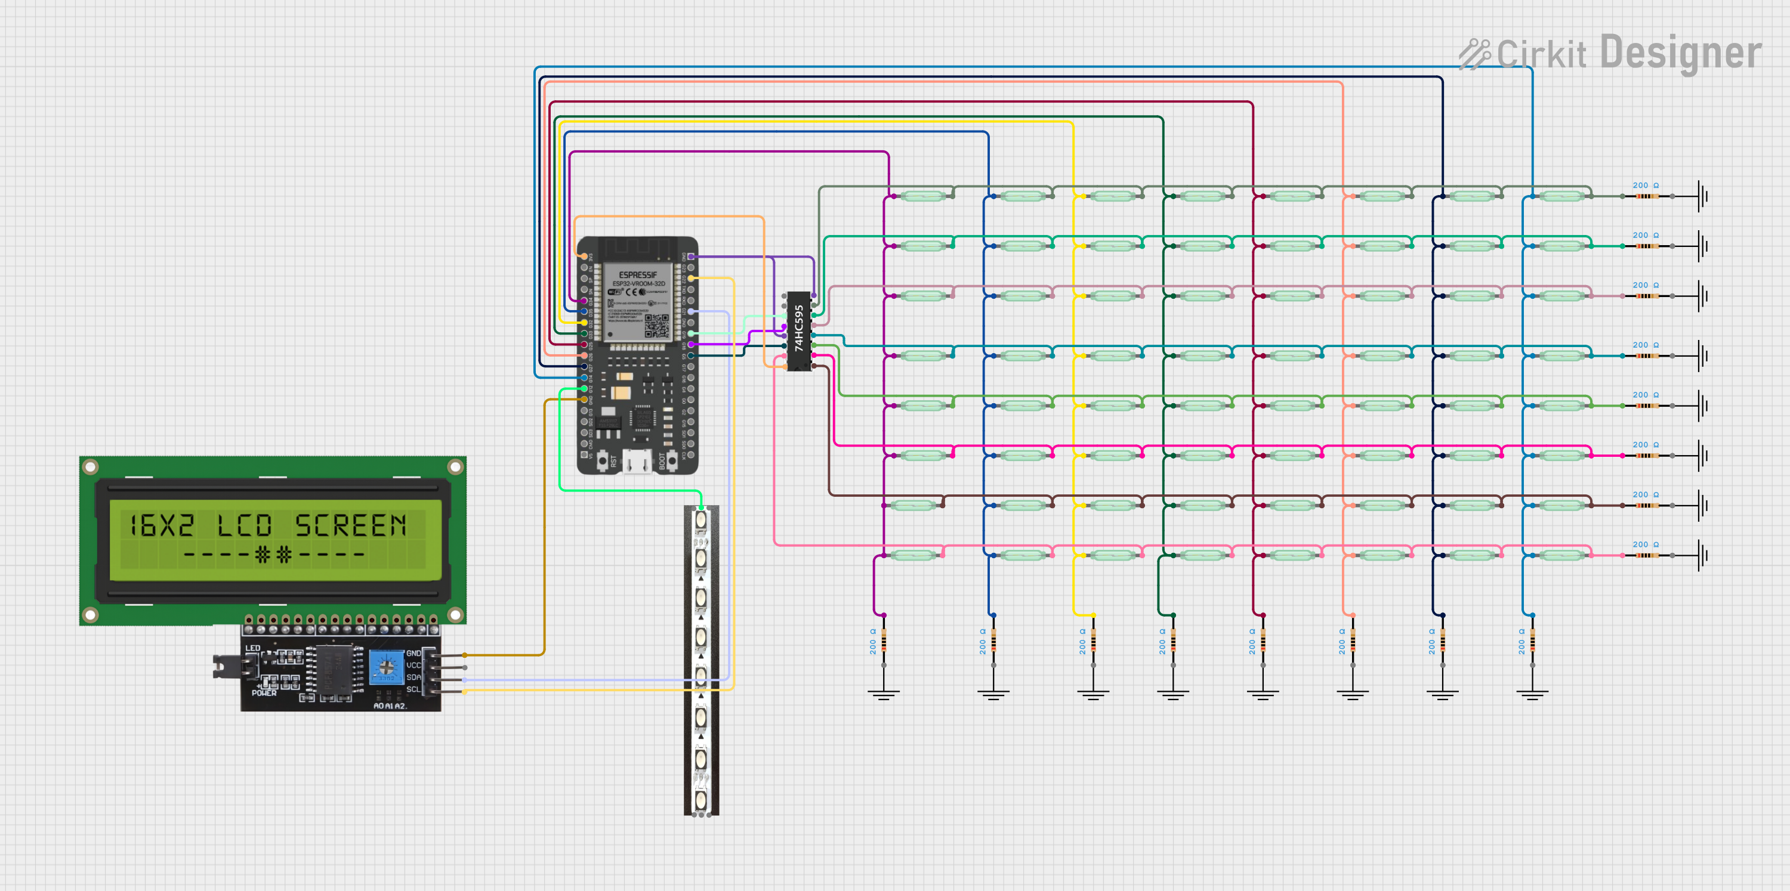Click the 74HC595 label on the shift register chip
click(799, 329)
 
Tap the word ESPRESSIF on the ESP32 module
click(637, 275)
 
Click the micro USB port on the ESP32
click(637, 460)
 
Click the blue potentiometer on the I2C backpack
click(385, 667)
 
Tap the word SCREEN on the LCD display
click(350, 525)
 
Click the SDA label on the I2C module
click(413, 677)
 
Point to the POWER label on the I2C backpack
click(264, 693)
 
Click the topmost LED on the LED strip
click(701, 519)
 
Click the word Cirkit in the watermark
click(1541, 54)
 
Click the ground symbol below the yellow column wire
click(1093, 692)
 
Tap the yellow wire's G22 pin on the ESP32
click(692, 279)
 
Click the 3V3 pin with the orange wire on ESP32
click(584, 257)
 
